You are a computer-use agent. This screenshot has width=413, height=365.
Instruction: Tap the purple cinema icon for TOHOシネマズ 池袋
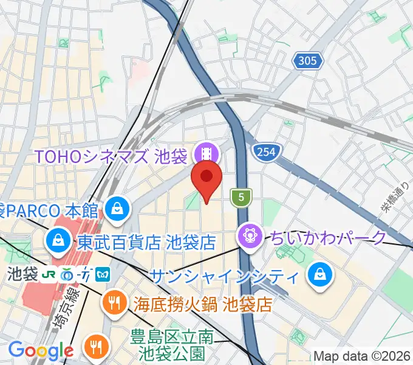pos(207,149)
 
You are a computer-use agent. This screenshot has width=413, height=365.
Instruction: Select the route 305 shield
pos(307,60)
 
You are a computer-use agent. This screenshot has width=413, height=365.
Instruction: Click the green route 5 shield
pos(241,196)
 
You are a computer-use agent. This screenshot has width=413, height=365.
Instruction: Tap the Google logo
pos(41,350)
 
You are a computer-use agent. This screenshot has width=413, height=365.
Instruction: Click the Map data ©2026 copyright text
pos(361,356)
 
